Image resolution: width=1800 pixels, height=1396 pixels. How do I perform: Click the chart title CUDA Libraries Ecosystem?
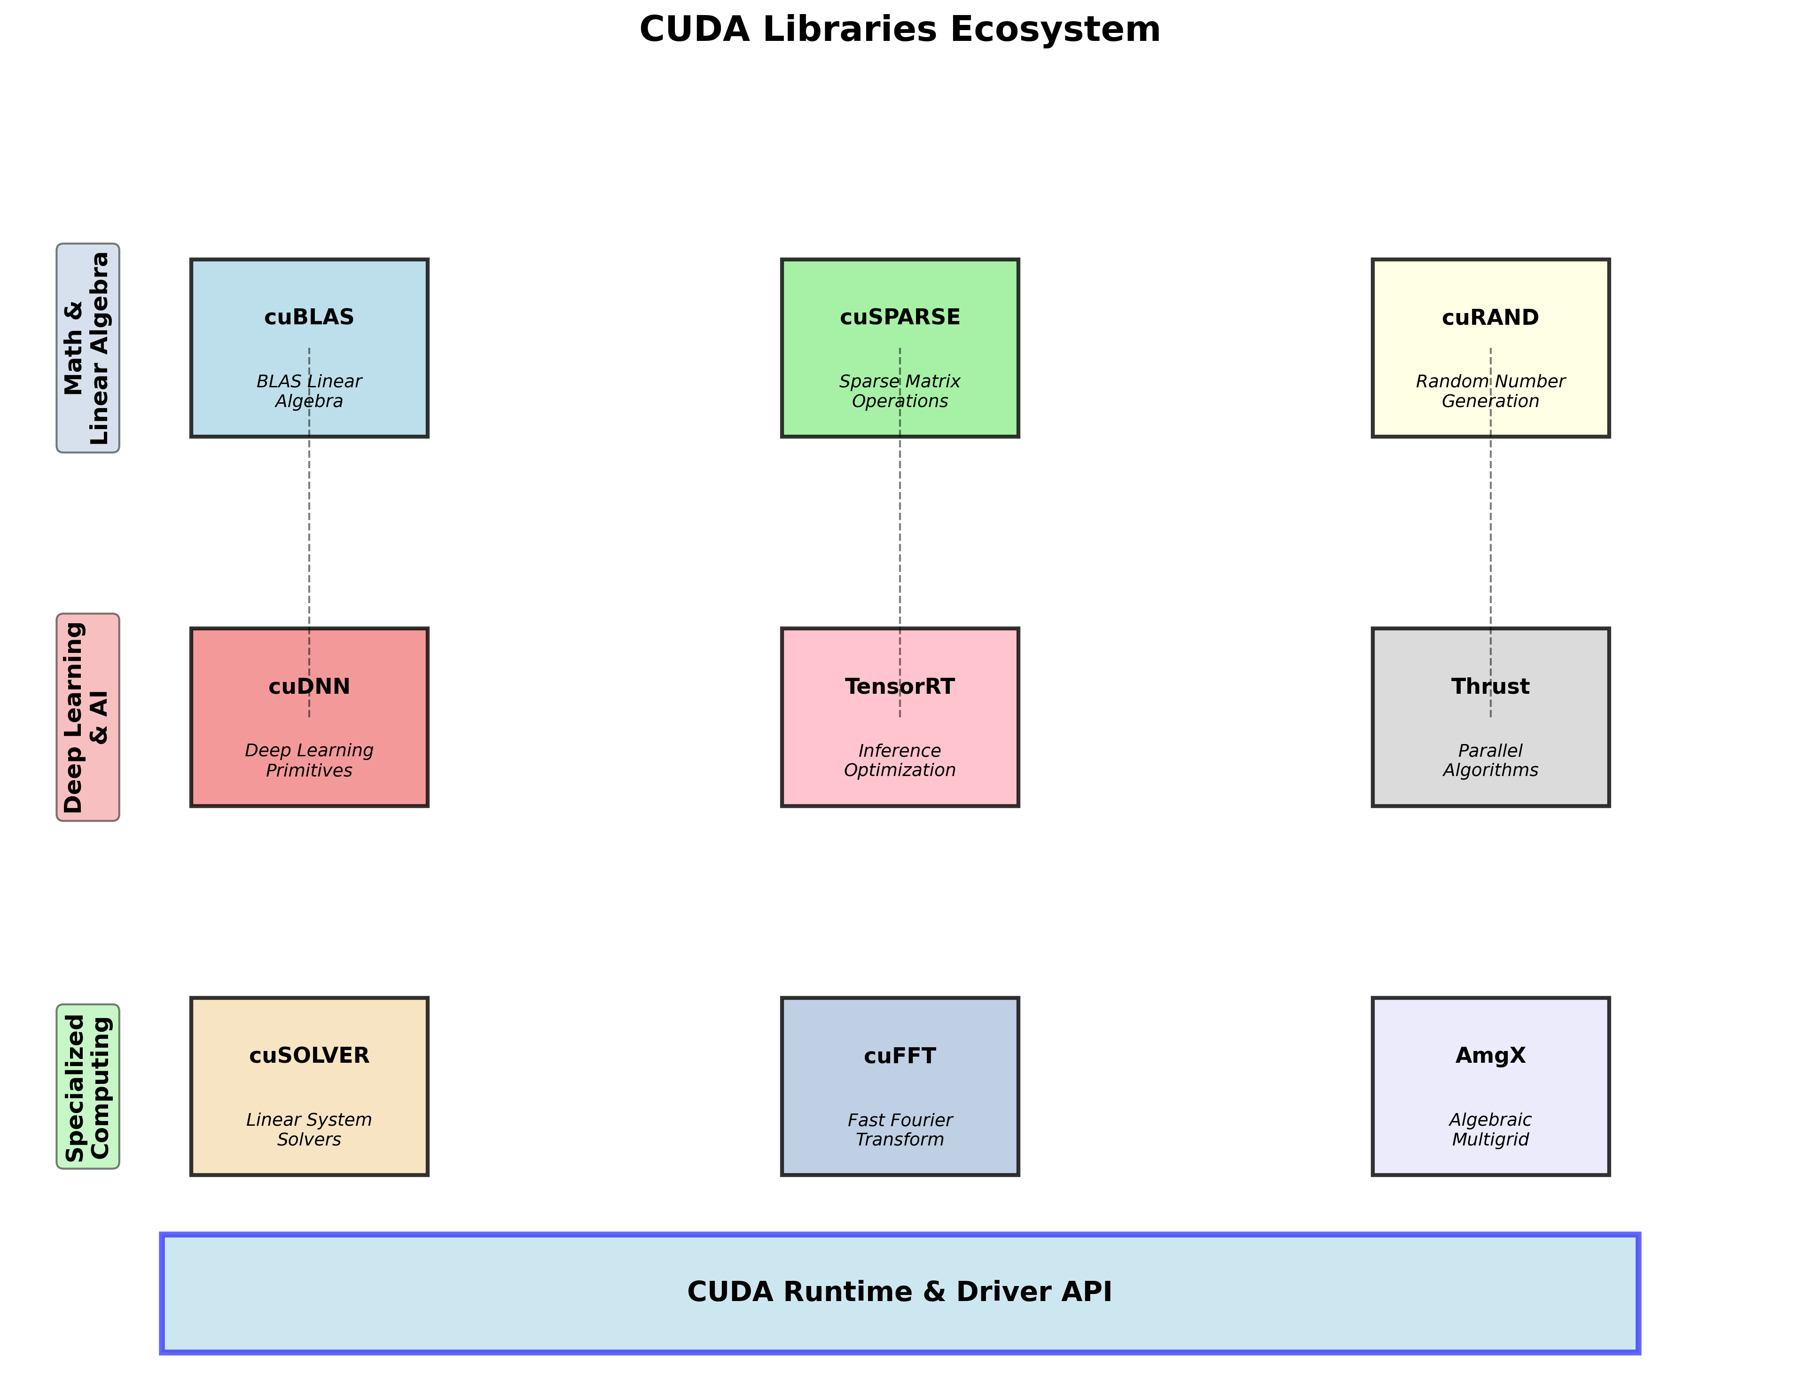(899, 30)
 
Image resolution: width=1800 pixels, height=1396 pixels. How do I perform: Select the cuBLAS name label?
(309, 317)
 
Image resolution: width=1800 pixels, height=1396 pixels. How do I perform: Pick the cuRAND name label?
(1490, 317)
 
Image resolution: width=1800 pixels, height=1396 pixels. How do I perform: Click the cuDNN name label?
(309, 686)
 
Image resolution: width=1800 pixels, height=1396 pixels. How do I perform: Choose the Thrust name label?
(1490, 686)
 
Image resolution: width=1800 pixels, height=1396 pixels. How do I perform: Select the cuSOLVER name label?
(309, 1056)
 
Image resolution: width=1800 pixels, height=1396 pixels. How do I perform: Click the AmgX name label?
(1490, 1056)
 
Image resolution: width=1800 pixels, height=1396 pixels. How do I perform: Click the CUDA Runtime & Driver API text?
(899, 1291)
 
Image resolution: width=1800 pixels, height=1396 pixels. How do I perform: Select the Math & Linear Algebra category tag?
(87, 348)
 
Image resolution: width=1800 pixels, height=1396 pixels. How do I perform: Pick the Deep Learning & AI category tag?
(87, 717)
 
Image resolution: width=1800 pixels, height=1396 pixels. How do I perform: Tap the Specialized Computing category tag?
(87, 1086)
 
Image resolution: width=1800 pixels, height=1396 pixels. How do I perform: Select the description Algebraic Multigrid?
(1490, 1130)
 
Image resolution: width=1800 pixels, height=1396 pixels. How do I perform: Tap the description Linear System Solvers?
(309, 1130)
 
